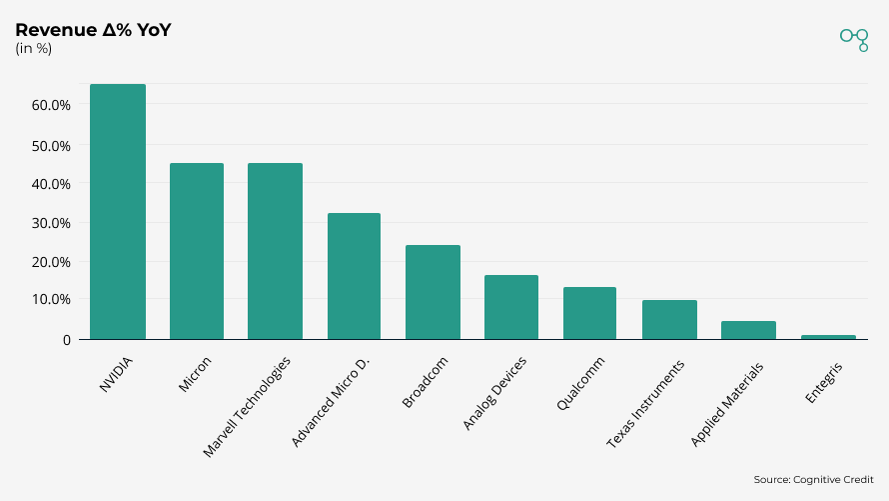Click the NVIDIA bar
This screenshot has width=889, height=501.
pos(118,212)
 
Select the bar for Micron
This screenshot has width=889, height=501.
pos(197,251)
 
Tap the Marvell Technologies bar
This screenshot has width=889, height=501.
pos(275,251)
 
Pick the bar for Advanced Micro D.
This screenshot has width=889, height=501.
pos(354,276)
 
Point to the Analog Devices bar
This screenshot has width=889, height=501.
pos(511,307)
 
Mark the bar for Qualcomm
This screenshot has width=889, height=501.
pos(589,313)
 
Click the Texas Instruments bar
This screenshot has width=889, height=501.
pos(669,320)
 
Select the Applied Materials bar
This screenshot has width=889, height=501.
pos(748,330)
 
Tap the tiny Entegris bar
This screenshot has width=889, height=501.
pos(828,337)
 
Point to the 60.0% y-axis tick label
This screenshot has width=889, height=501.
pos(51,105)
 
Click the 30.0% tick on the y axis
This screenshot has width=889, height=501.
pos(51,223)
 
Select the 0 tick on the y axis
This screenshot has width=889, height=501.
pos(67,340)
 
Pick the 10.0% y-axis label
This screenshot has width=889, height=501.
pos(51,300)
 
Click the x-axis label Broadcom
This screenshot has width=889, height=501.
pos(424,383)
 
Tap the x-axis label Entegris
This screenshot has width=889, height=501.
pos(826,381)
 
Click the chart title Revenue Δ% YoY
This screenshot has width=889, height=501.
pos(93,30)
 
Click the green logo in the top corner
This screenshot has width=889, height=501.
pos(854,38)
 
